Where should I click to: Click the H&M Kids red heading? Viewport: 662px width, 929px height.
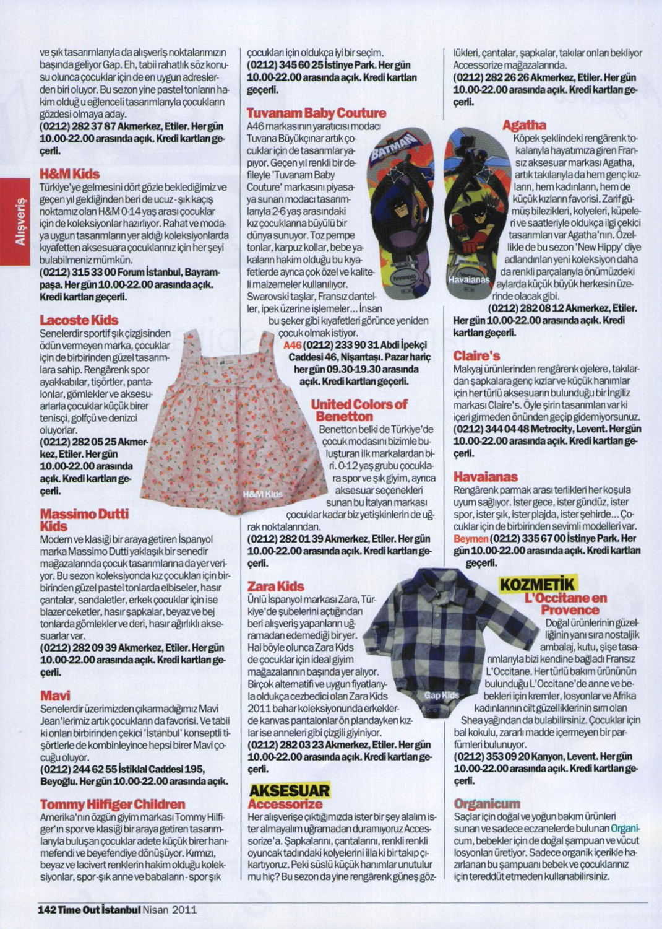click(69, 174)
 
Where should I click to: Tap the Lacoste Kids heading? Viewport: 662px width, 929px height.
click(79, 320)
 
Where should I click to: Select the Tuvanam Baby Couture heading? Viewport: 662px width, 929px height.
click(316, 113)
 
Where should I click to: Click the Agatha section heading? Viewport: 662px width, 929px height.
click(523, 125)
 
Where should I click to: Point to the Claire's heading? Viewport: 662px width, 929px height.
click(476, 356)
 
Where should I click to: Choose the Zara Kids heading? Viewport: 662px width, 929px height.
click(275, 586)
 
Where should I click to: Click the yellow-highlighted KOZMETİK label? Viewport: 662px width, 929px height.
click(537, 584)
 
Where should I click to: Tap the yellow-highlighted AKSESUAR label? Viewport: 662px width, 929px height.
click(289, 790)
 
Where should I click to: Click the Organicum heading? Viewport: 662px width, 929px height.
click(486, 804)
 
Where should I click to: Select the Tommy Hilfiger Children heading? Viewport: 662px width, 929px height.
click(113, 805)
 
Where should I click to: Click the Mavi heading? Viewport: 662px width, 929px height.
click(55, 696)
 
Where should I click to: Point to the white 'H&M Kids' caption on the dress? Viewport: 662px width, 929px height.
click(262, 494)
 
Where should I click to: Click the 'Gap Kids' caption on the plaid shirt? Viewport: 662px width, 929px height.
click(441, 696)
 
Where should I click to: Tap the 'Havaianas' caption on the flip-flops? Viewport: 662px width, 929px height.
click(469, 280)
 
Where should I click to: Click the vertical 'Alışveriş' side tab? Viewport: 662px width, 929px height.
click(20, 221)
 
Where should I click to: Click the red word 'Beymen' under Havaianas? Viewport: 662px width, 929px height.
click(470, 539)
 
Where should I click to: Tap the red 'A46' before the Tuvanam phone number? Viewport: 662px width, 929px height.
click(292, 345)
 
